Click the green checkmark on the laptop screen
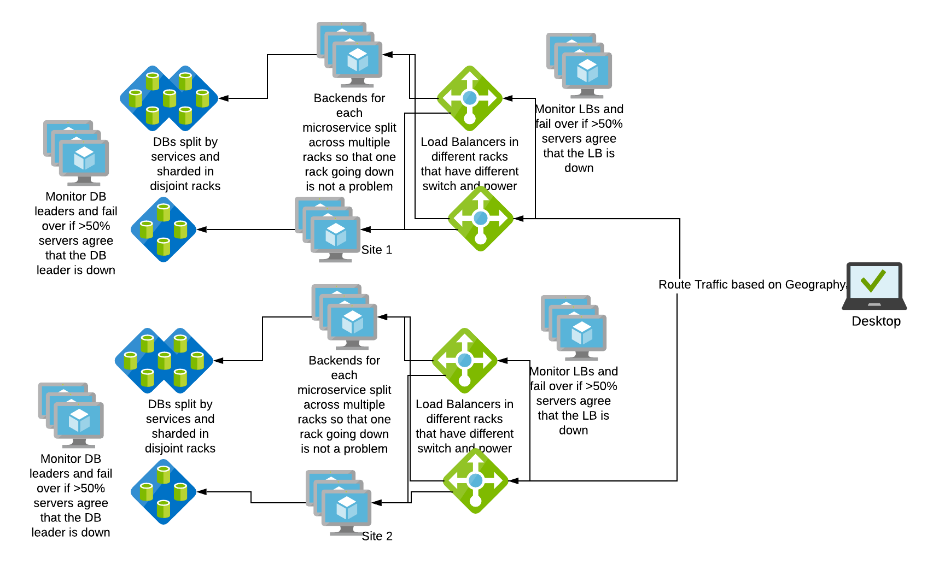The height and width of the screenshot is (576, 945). point(873,281)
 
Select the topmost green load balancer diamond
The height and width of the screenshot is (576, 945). point(470,98)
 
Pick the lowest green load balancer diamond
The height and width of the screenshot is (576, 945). point(475,481)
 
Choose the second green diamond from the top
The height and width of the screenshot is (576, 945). point(481,219)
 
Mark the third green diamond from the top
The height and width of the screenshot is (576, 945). point(464,361)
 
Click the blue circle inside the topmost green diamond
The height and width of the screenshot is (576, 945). point(470,98)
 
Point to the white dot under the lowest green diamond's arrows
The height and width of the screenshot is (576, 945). point(475,501)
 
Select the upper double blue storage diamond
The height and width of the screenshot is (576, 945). point(169,98)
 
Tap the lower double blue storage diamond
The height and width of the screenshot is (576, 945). point(164,361)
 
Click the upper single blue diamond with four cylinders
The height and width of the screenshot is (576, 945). point(164,230)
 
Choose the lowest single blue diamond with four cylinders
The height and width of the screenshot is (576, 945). point(164,492)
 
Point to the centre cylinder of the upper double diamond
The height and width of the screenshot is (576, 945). point(170,99)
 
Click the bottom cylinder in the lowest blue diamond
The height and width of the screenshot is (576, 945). point(164,509)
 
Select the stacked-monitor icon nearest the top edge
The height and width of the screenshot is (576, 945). point(350,55)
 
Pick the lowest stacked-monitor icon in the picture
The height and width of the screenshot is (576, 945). point(339,503)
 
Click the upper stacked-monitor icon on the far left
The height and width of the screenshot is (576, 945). point(77,153)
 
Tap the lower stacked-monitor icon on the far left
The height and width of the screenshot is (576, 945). point(71,415)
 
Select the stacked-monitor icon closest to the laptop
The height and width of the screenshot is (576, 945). point(574,328)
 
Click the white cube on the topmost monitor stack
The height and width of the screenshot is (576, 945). point(358,60)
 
